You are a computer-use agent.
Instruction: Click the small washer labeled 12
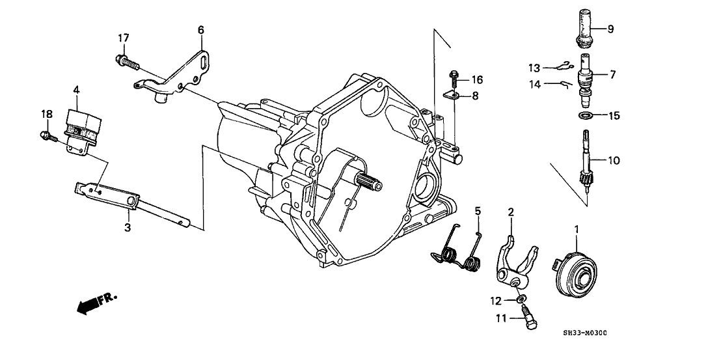tap(522, 300)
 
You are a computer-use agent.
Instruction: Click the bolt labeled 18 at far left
tap(46, 135)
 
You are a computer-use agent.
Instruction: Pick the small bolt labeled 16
tap(454, 80)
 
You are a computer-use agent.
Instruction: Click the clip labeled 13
tap(564, 65)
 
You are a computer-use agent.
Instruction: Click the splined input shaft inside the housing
tap(369, 181)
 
